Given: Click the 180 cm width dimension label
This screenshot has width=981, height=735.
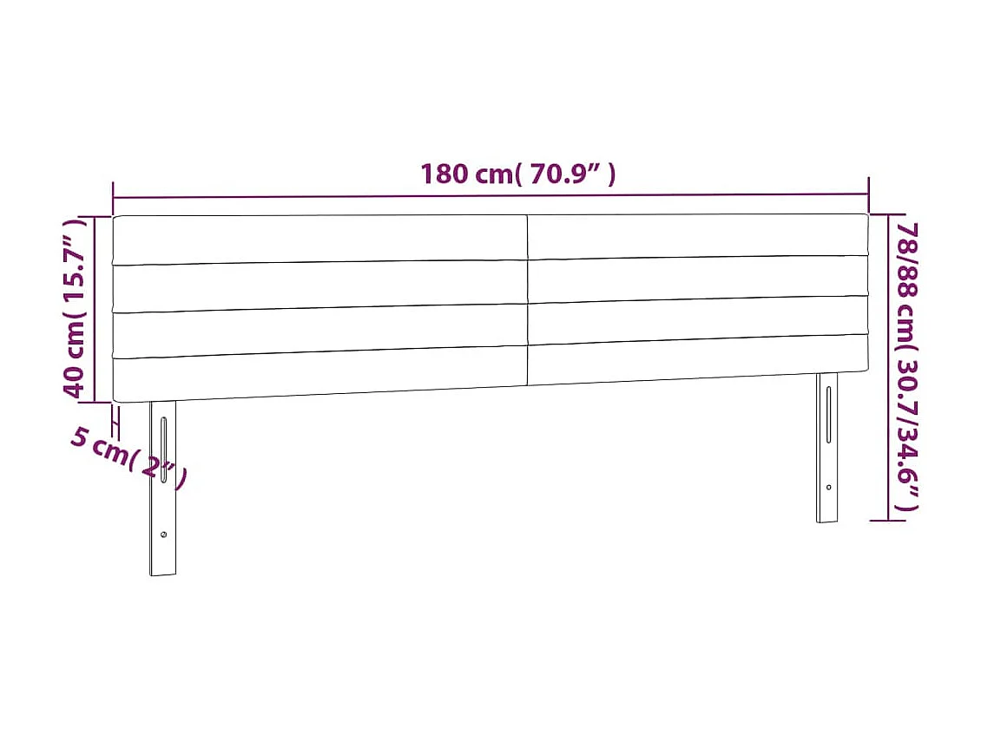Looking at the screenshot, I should click(x=518, y=174).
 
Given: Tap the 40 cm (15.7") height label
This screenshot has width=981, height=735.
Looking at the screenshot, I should click(x=76, y=308).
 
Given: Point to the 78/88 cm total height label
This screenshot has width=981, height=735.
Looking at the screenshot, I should click(x=908, y=364).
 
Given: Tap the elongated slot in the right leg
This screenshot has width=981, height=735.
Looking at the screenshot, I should click(x=828, y=414).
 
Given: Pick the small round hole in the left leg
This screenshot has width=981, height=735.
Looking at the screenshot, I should click(x=162, y=535).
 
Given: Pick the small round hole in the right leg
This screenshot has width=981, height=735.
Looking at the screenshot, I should click(x=828, y=488).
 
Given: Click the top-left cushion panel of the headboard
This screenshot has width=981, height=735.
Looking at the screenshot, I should click(x=319, y=239).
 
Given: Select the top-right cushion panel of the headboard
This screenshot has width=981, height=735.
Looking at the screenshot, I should click(x=697, y=235).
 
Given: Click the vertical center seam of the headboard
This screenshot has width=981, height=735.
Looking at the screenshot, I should click(x=527, y=299).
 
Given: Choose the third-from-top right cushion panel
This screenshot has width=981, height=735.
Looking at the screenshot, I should click(x=697, y=318).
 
